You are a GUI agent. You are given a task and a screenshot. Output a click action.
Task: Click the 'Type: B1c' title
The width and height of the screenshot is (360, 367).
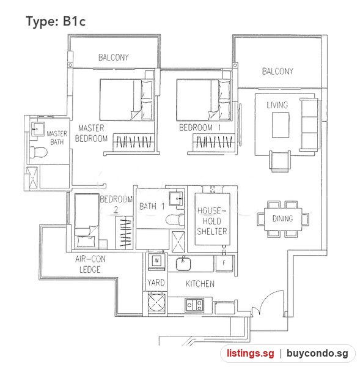56,21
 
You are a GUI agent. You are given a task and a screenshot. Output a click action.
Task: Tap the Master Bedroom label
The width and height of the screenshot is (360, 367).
91,133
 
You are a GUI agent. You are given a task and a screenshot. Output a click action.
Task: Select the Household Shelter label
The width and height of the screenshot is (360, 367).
212,221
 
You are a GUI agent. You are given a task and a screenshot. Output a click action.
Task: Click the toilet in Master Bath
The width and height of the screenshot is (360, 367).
39,152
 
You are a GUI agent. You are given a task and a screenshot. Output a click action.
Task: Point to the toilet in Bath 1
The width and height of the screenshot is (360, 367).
175,220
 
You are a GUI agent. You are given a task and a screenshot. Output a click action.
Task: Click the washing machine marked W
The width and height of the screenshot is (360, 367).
156,261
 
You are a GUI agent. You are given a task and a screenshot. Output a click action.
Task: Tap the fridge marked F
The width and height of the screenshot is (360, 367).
224,263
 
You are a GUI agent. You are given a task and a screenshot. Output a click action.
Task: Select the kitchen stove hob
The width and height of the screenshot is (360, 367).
194,305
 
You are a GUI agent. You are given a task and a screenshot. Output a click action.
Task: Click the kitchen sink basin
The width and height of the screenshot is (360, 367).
183,264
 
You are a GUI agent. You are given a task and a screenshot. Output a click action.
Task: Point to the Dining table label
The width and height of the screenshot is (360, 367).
282,218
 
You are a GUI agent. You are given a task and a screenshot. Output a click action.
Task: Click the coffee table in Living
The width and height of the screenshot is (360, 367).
281,125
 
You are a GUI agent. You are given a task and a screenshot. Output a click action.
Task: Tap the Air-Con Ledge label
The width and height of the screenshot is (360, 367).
90,264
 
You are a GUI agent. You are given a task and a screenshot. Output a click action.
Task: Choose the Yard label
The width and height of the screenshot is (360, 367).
156,283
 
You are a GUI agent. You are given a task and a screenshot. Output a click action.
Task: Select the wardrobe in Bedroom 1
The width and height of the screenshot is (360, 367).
214,142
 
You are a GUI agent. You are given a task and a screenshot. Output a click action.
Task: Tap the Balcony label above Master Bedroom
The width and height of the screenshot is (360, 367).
114,57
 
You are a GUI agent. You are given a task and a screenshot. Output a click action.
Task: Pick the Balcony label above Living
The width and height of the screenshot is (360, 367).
277,71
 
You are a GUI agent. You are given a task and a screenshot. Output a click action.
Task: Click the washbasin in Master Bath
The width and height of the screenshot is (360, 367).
37,128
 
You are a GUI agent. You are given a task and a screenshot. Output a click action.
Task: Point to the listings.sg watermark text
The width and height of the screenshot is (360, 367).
250,353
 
